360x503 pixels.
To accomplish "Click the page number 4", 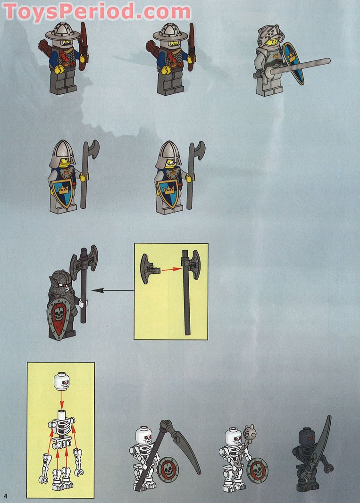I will coord(6,495).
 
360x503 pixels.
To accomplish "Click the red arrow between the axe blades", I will coord(172,269).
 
